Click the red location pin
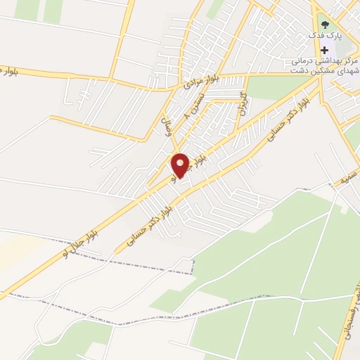pyautogui.click(x=181, y=165)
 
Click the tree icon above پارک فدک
pyautogui.click(x=324, y=25)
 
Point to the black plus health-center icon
pyautogui.click(x=325, y=50)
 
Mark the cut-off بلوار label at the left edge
pyautogui.click(x=5, y=71)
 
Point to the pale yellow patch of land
pyautogui.click(x=18, y=250)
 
